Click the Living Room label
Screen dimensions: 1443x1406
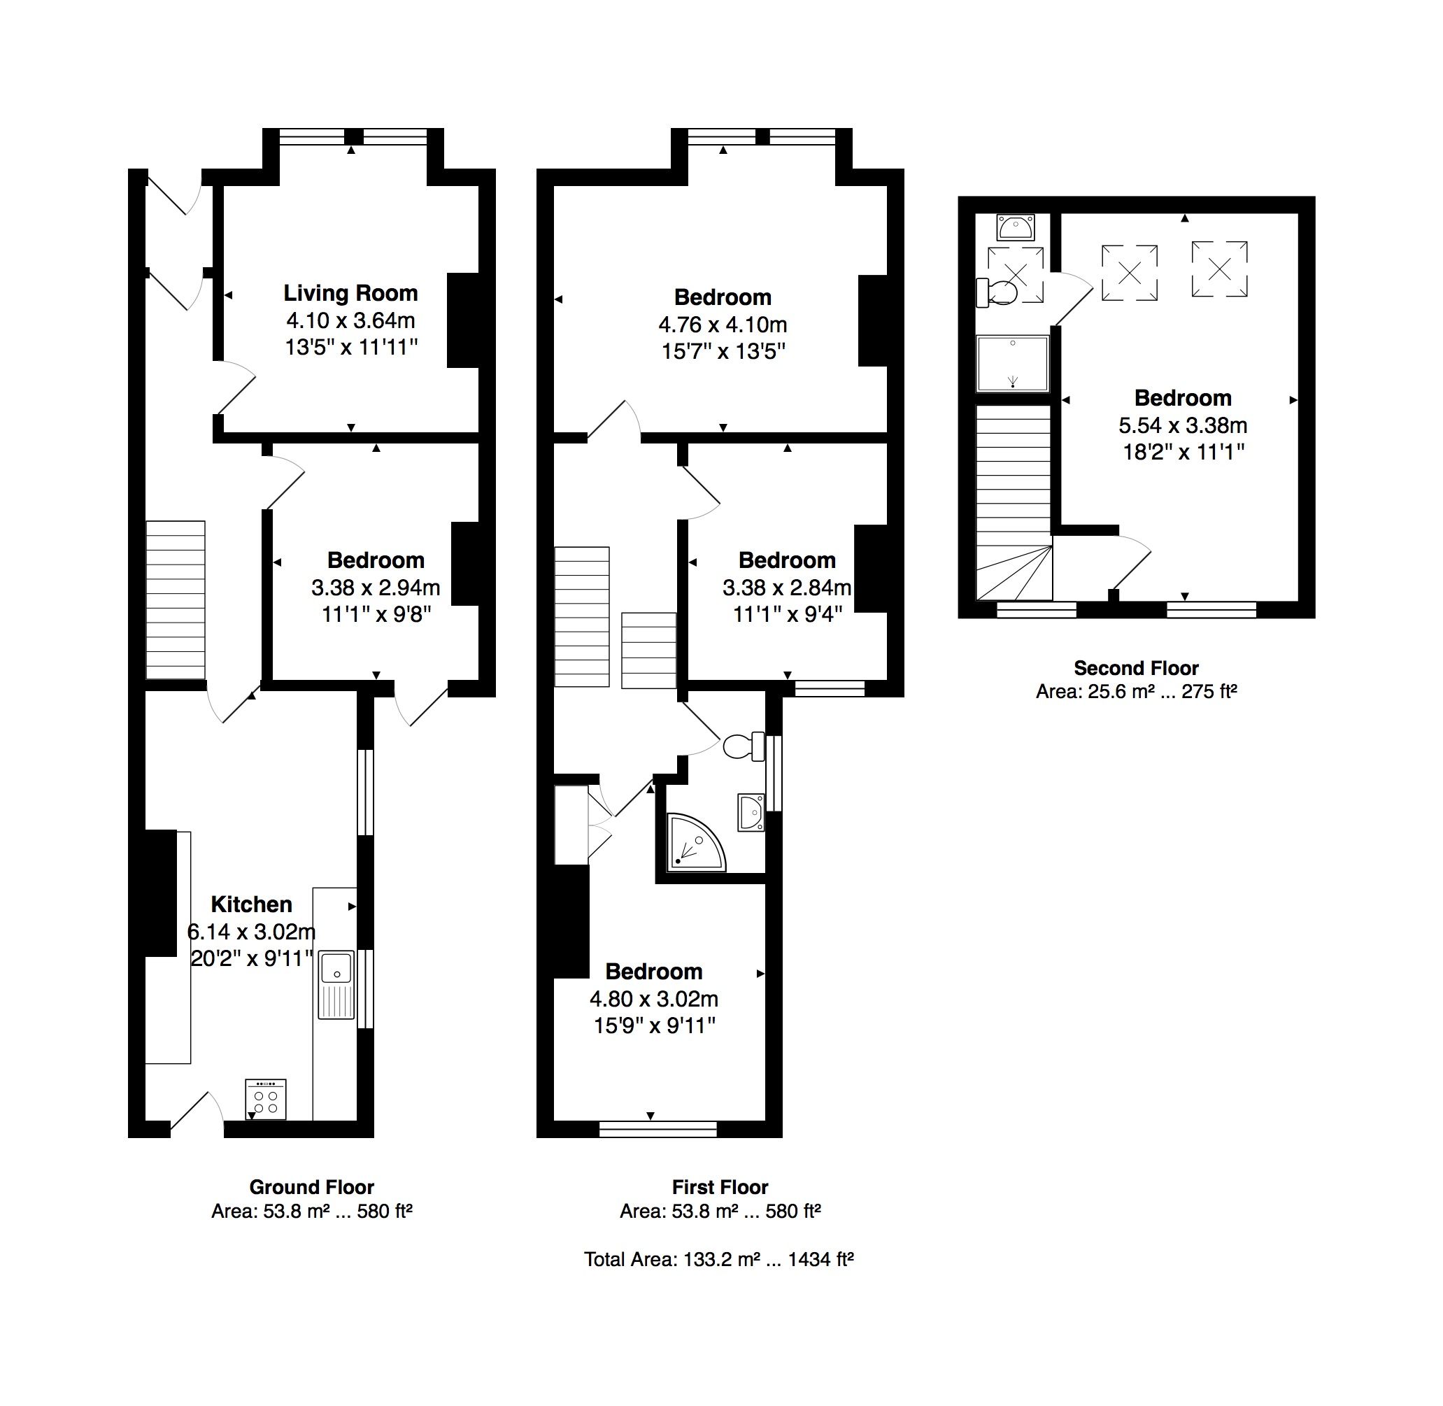(x=350, y=293)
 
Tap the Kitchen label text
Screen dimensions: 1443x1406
(x=252, y=904)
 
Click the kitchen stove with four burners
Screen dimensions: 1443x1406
(x=266, y=1100)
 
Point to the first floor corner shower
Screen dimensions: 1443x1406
(x=693, y=841)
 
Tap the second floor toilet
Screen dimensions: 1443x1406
(x=996, y=292)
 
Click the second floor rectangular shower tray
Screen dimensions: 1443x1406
(x=1012, y=363)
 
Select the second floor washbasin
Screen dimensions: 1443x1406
(x=1015, y=227)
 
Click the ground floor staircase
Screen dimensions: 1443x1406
(x=175, y=599)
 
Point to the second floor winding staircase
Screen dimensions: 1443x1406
(x=1014, y=502)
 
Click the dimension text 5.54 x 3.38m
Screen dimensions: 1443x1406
(x=1183, y=425)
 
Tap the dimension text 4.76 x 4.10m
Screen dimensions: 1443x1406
(x=723, y=325)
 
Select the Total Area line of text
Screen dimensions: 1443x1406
(x=718, y=1259)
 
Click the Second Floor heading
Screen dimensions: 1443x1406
(x=1136, y=668)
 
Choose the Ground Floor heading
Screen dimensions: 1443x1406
(x=312, y=1188)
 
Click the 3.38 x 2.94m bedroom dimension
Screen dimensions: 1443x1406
(x=375, y=588)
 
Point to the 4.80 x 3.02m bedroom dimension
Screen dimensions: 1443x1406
(x=653, y=999)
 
